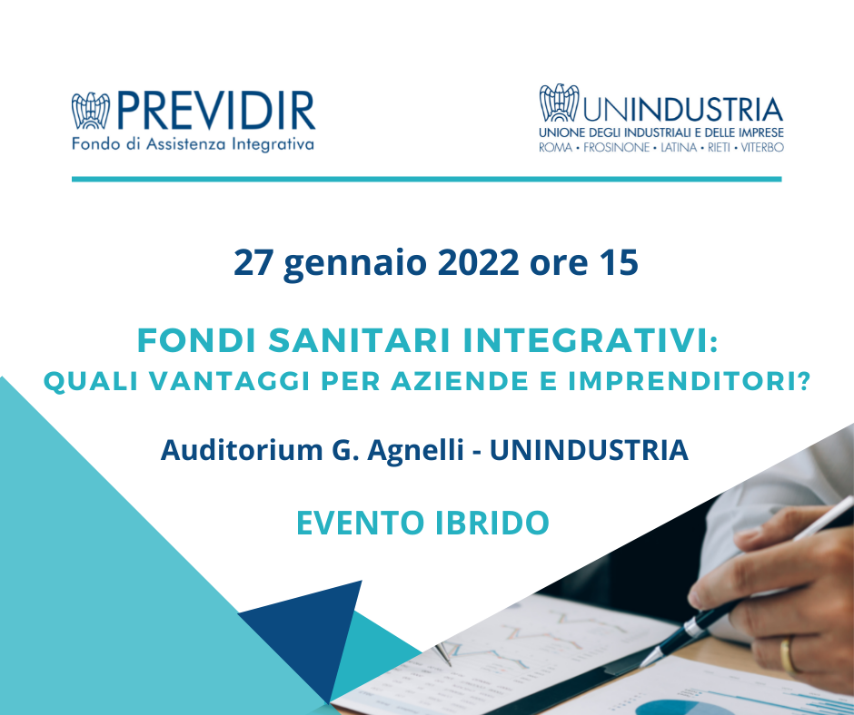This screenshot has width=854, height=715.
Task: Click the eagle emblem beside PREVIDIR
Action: [91, 111]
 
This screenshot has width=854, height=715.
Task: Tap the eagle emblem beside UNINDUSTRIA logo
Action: [559, 103]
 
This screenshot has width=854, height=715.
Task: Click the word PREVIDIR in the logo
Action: [215, 111]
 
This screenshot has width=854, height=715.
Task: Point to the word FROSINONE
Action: [617, 148]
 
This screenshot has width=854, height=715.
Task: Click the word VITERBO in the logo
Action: [762, 148]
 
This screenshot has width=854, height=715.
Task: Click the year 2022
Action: [478, 263]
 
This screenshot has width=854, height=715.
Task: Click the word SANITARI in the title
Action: [360, 340]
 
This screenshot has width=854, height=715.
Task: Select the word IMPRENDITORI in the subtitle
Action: [690, 381]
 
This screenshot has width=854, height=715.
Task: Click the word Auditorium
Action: [242, 450]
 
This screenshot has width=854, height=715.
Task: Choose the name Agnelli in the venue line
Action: [415, 451]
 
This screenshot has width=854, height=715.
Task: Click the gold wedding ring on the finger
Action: [788, 655]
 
